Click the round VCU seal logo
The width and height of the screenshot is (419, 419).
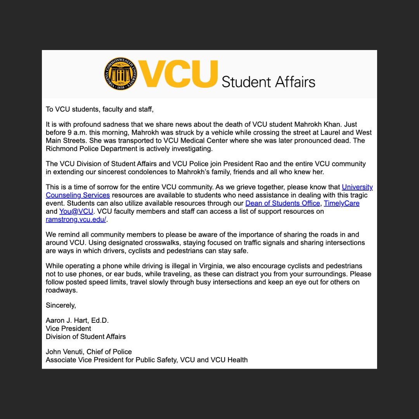tap(121, 74)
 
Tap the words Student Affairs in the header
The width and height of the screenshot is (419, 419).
tap(268, 82)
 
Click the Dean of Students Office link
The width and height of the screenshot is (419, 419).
tap(282, 203)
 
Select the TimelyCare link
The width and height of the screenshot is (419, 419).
tap(341, 203)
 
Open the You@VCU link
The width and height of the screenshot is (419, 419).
tap(76, 211)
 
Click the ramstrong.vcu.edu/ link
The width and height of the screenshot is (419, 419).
tap(76, 220)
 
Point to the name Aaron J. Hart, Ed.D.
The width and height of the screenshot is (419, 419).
tap(77, 320)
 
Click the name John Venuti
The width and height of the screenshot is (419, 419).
tap(64, 352)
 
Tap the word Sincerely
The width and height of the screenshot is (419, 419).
tap(61, 305)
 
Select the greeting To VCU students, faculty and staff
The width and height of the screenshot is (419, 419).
tap(100, 109)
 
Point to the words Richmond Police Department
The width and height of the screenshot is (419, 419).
tap(89, 148)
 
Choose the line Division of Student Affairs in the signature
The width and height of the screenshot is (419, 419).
tap(86, 336)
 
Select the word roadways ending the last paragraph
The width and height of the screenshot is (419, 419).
tap(61, 290)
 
